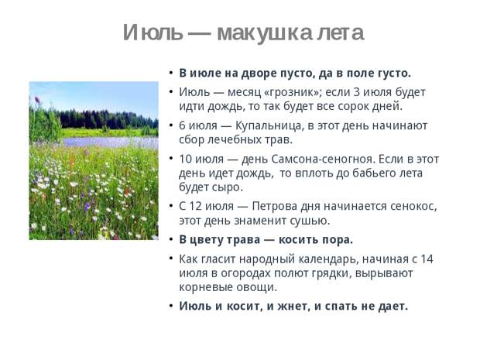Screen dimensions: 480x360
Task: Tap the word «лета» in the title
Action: click(x=340, y=33)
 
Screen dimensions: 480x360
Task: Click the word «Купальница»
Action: click(x=269, y=126)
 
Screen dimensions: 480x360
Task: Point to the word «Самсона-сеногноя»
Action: click(x=323, y=159)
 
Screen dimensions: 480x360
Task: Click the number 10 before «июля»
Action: click(x=185, y=159)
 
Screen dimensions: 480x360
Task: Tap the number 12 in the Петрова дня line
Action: click(x=195, y=207)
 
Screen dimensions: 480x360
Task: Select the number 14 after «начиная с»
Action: click(x=427, y=259)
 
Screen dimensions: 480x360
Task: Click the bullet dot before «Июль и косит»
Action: click(x=171, y=306)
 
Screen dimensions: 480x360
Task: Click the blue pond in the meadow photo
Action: click(x=110, y=142)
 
